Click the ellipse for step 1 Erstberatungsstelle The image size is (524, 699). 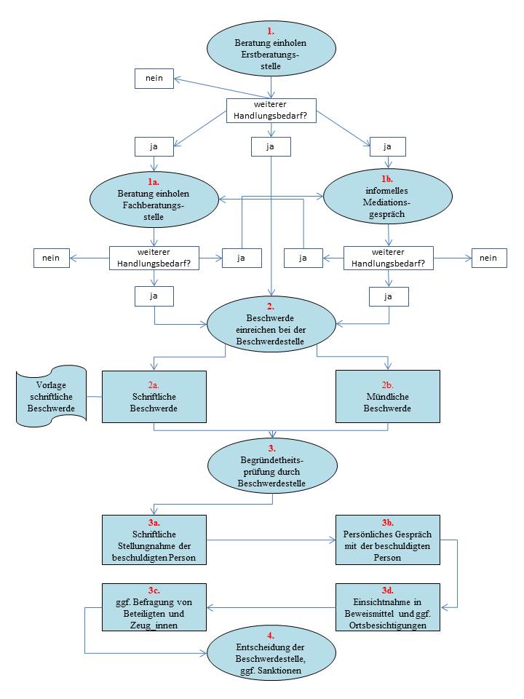(x=271, y=49)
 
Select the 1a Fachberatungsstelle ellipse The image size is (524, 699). (x=154, y=200)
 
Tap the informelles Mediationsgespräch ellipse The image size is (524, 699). (x=388, y=196)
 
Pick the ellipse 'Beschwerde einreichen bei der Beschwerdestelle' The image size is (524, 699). (x=271, y=324)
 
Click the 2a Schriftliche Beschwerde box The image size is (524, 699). (x=154, y=397)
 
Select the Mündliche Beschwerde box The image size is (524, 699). (x=388, y=396)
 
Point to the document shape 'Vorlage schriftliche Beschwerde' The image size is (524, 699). (x=51, y=396)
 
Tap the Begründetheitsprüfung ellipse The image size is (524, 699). (x=272, y=466)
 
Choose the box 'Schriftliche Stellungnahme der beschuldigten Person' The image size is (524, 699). (x=154, y=540)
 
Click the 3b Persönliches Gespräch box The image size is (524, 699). (x=388, y=540)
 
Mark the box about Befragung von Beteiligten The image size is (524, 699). (x=154, y=607)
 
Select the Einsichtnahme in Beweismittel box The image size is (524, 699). (x=388, y=607)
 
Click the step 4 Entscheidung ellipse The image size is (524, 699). (x=271, y=652)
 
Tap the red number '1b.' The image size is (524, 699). (x=386, y=179)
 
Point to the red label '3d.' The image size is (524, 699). (x=388, y=591)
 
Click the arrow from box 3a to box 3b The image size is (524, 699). (x=271, y=540)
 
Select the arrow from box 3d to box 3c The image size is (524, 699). (x=271, y=607)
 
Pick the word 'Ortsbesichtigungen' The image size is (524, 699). (x=388, y=625)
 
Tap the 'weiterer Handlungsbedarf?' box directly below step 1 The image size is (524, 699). (x=271, y=111)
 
